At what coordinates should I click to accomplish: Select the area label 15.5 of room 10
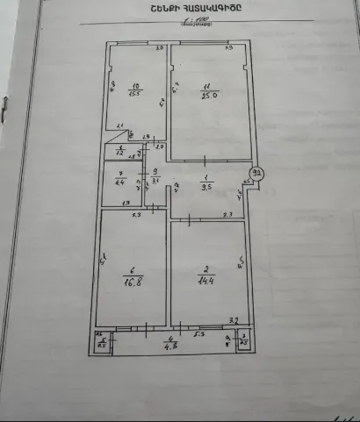(x=134, y=93)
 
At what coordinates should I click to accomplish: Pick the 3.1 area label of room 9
(x=155, y=182)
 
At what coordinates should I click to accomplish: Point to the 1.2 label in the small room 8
(x=120, y=150)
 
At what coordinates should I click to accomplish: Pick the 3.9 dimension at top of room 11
(x=226, y=48)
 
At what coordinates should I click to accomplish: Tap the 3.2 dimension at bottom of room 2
(x=233, y=320)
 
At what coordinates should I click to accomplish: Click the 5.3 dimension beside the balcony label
(x=199, y=334)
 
